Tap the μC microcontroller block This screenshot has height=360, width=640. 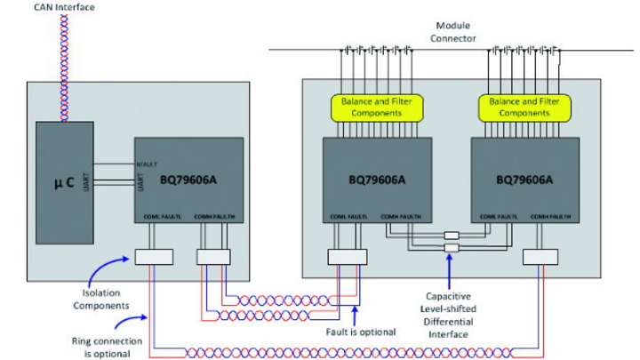64,182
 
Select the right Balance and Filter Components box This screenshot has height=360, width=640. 529,108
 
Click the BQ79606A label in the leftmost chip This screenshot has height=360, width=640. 189,179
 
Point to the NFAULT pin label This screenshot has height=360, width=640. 147,164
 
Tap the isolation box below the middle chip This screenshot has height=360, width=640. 346,257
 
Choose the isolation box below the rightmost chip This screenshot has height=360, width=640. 541,257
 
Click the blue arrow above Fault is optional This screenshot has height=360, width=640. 356,312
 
